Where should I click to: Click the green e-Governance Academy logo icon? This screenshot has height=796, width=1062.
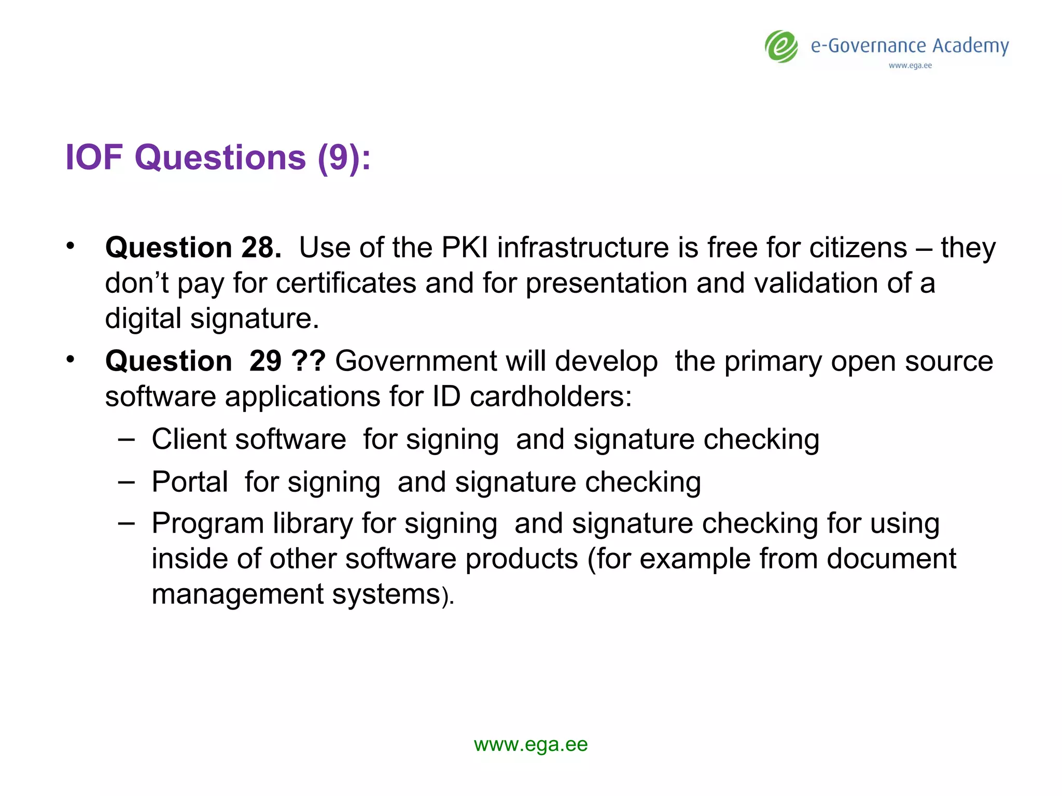click(x=781, y=47)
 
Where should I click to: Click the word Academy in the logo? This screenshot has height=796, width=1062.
click(x=970, y=47)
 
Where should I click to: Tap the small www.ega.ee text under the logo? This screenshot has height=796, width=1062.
click(x=910, y=66)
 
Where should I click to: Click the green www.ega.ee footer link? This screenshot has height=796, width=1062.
click(x=530, y=745)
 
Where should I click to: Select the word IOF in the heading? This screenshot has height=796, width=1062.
click(x=94, y=157)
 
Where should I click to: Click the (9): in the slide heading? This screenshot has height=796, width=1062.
click(x=344, y=158)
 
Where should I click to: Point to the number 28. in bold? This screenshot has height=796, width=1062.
click(x=261, y=247)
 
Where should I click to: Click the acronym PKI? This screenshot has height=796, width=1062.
click(x=464, y=247)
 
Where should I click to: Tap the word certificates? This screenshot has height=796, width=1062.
click(x=346, y=283)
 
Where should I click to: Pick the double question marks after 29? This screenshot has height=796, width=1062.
click(x=309, y=361)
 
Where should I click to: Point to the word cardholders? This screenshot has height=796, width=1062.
click(x=551, y=396)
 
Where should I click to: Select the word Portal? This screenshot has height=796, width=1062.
click(x=190, y=482)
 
